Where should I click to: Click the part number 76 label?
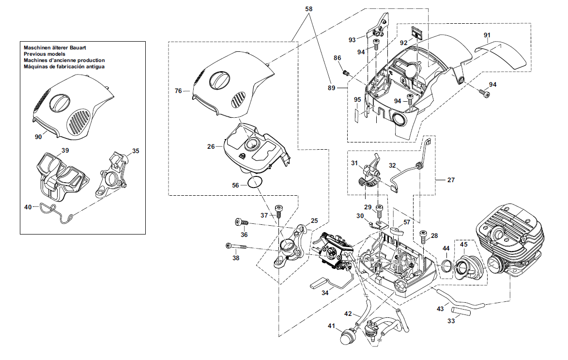click(178, 91)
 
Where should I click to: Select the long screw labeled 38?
click(236, 246)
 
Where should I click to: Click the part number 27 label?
click(451, 180)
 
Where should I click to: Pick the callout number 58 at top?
click(308, 9)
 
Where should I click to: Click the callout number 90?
click(38, 137)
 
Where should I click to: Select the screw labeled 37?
click(278, 211)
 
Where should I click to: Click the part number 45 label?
click(464, 245)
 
